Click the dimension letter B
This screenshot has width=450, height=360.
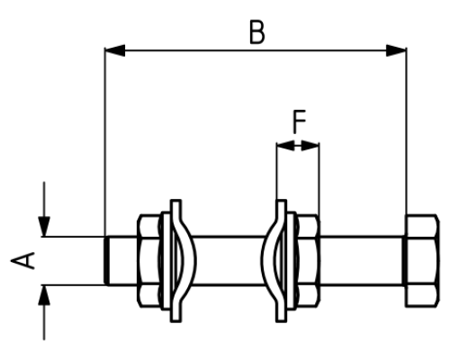pos(257,32)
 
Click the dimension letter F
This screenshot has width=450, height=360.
pos(299,121)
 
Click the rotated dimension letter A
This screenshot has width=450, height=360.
pos(23,260)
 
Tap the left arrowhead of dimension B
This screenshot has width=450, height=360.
pos(114,50)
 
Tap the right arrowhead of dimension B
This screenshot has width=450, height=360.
pos(396,50)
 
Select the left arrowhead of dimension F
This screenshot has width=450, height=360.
pos(285,146)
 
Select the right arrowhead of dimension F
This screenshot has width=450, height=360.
pos(310,146)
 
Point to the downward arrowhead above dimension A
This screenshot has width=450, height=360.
pos(44,226)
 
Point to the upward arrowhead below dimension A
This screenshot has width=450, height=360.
pos(44,295)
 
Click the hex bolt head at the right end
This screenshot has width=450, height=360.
pos(421,261)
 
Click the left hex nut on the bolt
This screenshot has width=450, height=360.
pos(148,261)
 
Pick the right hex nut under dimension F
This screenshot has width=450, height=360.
pos(309,261)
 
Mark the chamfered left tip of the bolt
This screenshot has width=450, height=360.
pos(106,261)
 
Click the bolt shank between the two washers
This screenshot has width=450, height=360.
pos(229,261)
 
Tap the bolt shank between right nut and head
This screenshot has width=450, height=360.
pos(362,261)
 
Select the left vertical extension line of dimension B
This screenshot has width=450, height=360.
pos(104,141)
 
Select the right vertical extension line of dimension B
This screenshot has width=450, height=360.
pos(407,131)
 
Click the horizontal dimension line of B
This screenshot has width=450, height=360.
pos(256,50)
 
